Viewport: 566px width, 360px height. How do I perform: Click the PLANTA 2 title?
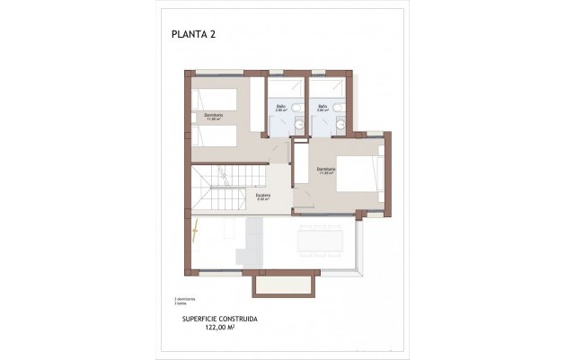[193, 35]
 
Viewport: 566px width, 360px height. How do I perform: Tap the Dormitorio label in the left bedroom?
[214, 116]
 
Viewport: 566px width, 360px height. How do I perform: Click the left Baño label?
[280, 107]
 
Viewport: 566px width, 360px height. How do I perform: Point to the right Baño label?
[322, 107]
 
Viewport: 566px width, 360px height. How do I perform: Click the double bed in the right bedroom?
[359, 174]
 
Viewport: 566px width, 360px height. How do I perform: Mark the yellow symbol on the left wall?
[195, 228]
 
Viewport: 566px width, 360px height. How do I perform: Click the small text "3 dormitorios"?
[184, 298]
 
